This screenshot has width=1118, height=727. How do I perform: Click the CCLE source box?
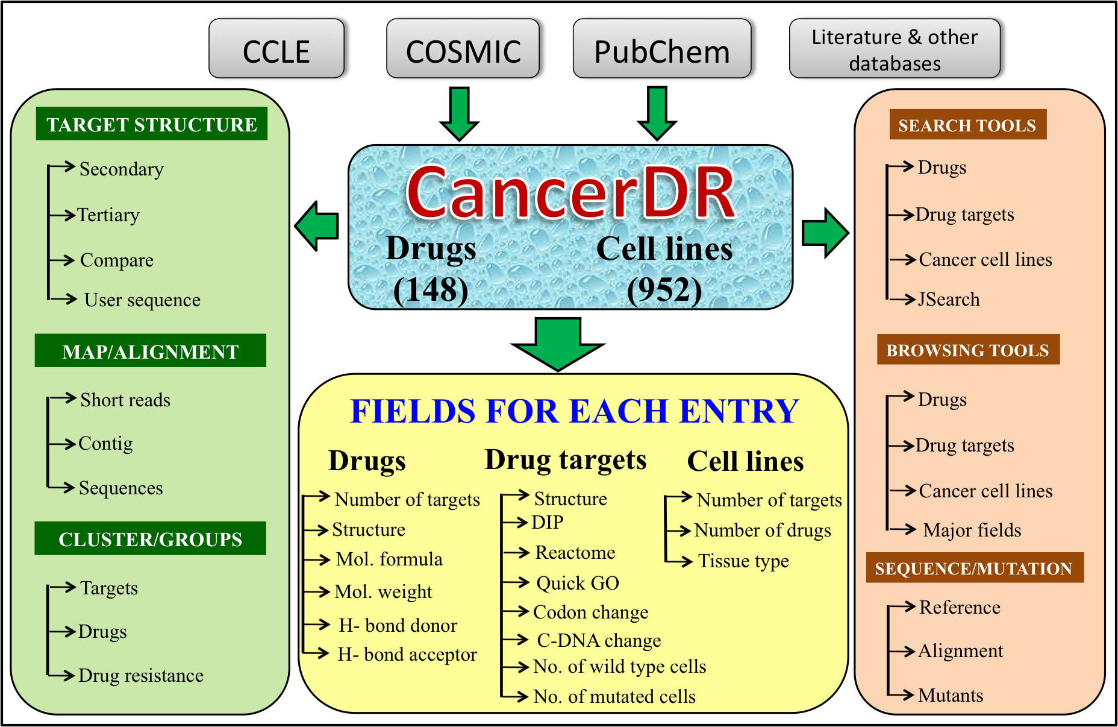pyautogui.click(x=276, y=49)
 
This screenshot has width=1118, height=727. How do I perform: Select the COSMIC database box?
pyautogui.click(x=463, y=49)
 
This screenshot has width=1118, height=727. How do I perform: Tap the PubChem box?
pyautogui.click(x=661, y=49)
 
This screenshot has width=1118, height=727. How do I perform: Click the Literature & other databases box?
pyautogui.click(x=895, y=49)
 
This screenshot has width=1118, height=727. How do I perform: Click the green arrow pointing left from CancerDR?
pyautogui.click(x=317, y=226)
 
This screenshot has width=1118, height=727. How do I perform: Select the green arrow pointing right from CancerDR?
pyautogui.click(x=825, y=233)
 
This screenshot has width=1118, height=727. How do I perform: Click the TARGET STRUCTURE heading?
pyautogui.click(x=152, y=124)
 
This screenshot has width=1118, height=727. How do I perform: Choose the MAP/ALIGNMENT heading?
pyautogui.click(x=151, y=351)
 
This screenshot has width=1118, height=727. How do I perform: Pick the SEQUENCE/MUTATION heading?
pyautogui.click(x=974, y=568)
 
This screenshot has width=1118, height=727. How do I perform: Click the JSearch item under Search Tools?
pyautogui.click(x=949, y=300)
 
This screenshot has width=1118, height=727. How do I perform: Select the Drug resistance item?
pyautogui.click(x=141, y=675)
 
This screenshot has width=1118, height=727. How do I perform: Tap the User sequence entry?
pyautogui.click(x=142, y=300)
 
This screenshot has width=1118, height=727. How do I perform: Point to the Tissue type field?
pyautogui.click(x=743, y=561)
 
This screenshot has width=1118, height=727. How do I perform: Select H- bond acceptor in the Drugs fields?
pyautogui.click(x=407, y=654)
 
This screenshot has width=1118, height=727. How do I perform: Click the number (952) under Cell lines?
pyautogui.click(x=664, y=290)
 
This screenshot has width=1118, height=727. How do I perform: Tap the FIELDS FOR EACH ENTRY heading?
pyautogui.click(x=574, y=411)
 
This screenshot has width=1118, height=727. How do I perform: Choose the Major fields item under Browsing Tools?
pyautogui.click(x=972, y=530)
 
